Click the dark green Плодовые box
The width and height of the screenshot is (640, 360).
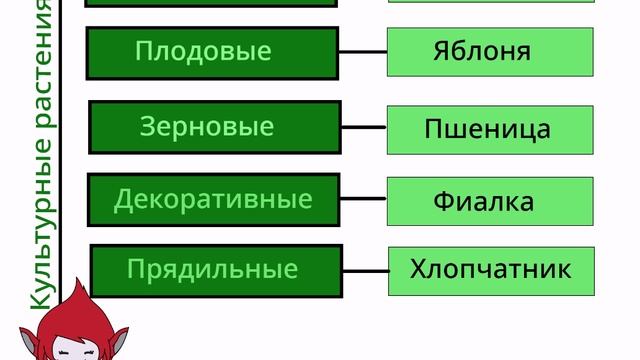point(212,53)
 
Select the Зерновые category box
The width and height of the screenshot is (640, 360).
point(215,127)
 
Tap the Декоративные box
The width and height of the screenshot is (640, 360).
point(214,199)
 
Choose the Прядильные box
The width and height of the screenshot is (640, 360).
point(216,270)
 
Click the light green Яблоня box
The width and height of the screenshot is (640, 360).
point(490,52)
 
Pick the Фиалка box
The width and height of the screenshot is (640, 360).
point(490,201)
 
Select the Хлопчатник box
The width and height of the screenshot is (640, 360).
point(491,270)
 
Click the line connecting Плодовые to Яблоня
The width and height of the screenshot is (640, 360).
point(362,51)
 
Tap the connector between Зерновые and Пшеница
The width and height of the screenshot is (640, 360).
point(364,127)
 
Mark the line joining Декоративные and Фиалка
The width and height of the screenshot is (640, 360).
point(364,199)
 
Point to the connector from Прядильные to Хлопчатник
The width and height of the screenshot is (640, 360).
point(365,270)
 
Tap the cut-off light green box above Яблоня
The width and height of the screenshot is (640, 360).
point(490,3)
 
